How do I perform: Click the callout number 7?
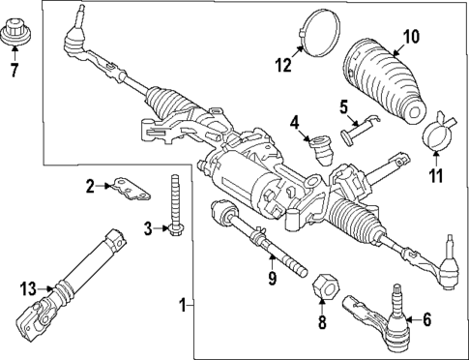click(13, 70)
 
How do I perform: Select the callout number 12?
click(283, 66)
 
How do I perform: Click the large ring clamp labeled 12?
click(316, 29)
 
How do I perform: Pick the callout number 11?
click(434, 175)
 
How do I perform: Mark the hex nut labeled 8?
click(325, 286)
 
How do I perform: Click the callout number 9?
click(273, 279)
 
